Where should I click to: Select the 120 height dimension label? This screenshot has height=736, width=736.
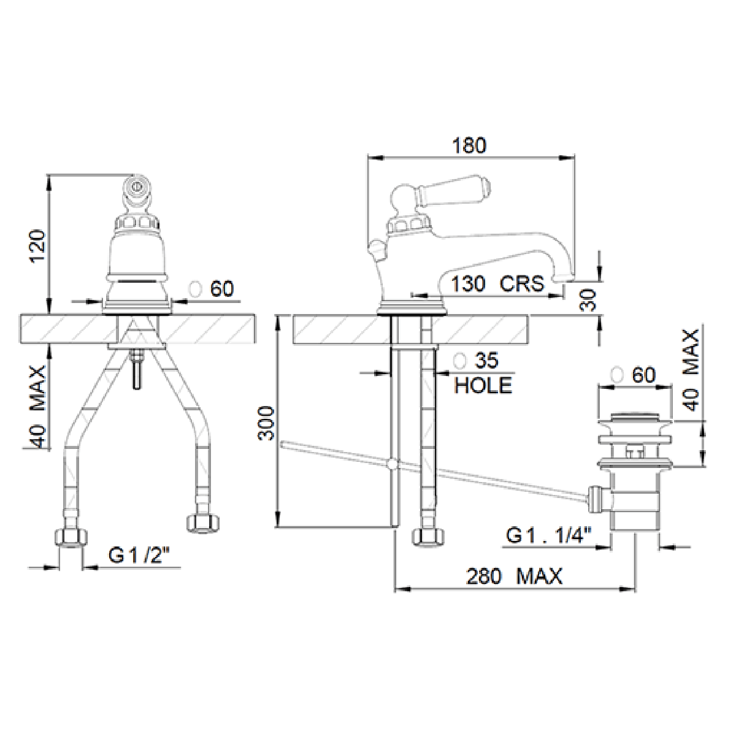[x=39, y=246]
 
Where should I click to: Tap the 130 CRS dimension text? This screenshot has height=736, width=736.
[x=497, y=284]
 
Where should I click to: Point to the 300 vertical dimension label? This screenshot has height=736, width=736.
[x=266, y=424]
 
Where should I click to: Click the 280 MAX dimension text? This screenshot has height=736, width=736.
[x=514, y=577]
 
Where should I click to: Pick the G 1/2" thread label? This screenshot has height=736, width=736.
[x=138, y=555]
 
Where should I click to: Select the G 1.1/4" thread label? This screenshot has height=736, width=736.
[x=549, y=535]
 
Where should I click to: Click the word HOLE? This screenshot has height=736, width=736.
[x=483, y=385]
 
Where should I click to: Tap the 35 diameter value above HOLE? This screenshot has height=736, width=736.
[x=486, y=361]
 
